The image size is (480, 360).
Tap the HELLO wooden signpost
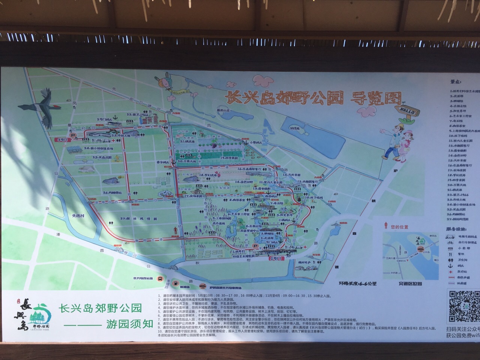pyautogui.click(x=407, y=111)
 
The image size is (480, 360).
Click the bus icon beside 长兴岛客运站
pyautogui.click(x=160, y=279)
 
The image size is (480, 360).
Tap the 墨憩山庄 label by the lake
pyautogui.click(x=219, y=111)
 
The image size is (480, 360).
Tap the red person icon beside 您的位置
pyautogui.click(x=385, y=226)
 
